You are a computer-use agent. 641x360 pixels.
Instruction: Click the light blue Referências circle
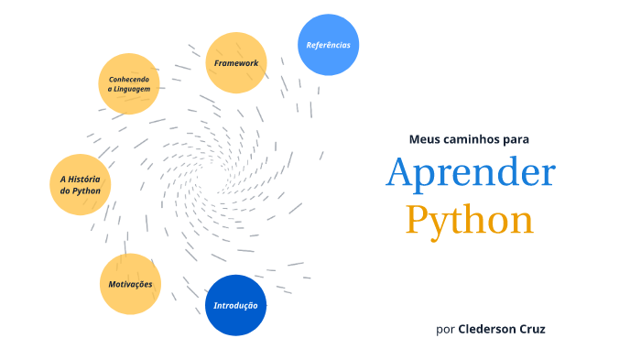coord(328,44)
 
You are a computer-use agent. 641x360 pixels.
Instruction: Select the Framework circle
coord(236,63)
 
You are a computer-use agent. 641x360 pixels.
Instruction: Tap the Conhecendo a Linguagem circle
coord(128,83)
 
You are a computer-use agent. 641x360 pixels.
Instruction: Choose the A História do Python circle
coord(81,185)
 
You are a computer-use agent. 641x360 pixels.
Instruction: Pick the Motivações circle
coord(130,284)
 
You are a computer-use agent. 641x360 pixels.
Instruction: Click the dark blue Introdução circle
coord(235,305)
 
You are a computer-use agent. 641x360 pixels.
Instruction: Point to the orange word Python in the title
coord(470,220)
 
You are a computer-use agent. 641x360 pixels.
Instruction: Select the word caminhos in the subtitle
coord(472,139)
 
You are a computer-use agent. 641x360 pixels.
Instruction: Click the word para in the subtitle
coord(516,139)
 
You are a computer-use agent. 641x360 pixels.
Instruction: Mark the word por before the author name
coord(445,328)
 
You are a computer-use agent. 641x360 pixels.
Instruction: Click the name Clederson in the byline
coord(489,328)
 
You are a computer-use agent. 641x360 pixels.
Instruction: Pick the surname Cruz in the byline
coord(534,328)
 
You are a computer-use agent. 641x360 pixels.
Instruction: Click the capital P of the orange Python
coord(418,220)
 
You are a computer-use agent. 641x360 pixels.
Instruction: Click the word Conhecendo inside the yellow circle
coord(128,79)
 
